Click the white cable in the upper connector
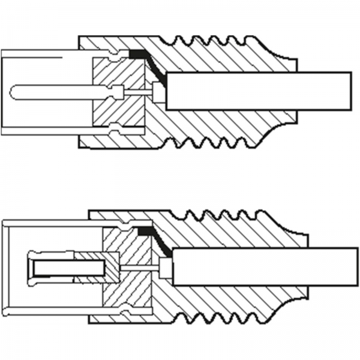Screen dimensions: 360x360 point(258,91)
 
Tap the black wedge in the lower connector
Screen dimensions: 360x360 point(146,230)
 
